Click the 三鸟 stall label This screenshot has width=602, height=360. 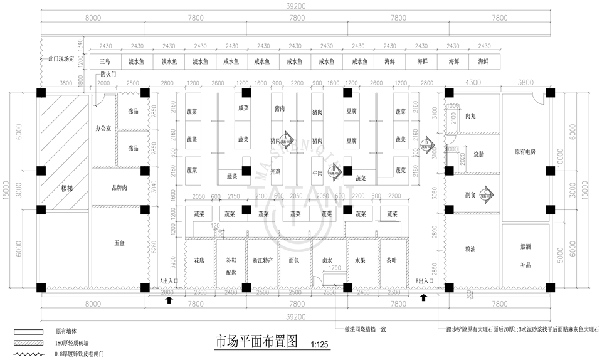click(x=105, y=62)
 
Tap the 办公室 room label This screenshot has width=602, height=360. click(x=103, y=128)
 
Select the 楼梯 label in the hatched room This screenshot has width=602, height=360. click(x=66, y=188)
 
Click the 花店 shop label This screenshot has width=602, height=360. click(x=199, y=259)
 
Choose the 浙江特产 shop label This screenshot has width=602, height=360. click(x=262, y=259)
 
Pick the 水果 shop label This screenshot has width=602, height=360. click(x=360, y=259)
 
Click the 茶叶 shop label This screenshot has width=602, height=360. click(x=390, y=259)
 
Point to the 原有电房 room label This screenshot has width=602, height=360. click(x=525, y=152)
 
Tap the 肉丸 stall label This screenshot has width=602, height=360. click(x=470, y=116)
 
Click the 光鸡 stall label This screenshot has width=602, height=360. click(x=275, y=171)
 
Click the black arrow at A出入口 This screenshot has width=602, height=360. click(x=169, y=300)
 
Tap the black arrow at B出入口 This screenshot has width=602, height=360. click(x=423, y=297)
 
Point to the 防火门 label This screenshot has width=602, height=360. click(x=108, y=74)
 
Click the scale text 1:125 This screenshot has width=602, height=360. click(x=319, y=344)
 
